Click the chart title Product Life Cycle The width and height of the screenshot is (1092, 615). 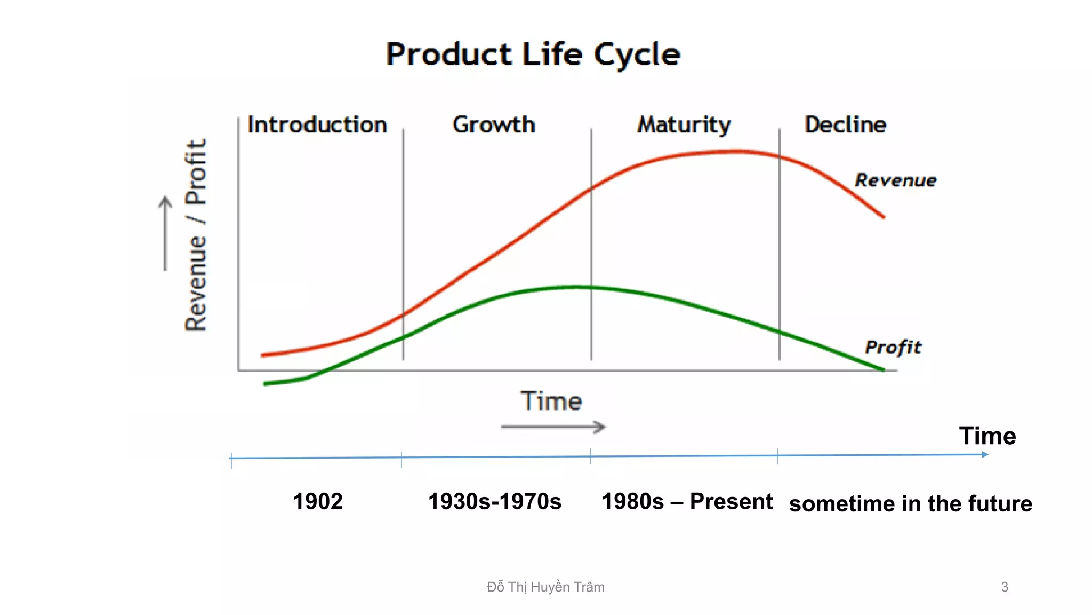533,54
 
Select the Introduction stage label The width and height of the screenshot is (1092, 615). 317,124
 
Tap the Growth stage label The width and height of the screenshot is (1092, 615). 494,124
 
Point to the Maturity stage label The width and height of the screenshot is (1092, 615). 684,125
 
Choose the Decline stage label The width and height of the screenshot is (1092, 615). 845,124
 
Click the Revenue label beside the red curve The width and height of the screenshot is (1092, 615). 895,180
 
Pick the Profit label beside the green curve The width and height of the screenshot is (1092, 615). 893,347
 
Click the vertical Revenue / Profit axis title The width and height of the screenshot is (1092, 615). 196,235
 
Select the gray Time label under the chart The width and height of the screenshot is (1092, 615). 551,401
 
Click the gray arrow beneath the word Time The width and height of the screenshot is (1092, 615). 553,427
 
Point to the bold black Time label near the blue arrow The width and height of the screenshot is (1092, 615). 987,436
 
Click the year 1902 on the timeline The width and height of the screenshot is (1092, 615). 318,501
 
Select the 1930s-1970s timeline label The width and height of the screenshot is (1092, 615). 495,501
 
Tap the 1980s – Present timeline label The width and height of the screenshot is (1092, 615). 687,501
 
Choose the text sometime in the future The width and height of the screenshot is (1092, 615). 910,503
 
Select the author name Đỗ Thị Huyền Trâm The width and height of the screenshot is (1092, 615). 545,587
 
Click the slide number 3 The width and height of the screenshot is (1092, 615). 1005,587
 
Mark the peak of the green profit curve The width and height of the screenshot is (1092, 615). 576,287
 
